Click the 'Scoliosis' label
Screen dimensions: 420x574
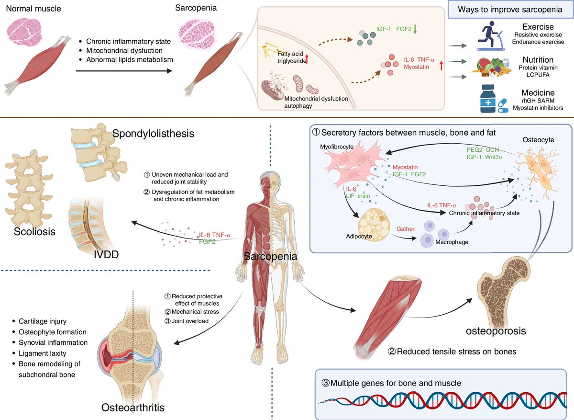(28, 232)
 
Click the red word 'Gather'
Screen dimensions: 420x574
(405, 228)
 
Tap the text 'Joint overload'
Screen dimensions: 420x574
(190, 321)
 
